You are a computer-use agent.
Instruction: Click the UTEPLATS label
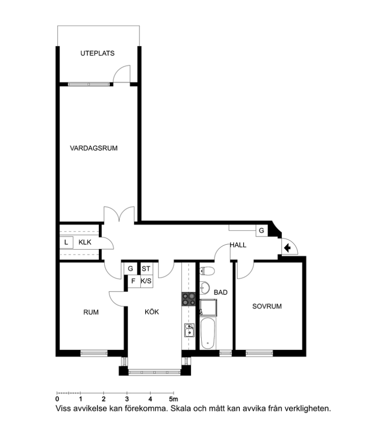point(97,53)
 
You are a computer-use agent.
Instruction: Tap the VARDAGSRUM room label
point(94,148)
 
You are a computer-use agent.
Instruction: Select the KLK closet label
point(85,242)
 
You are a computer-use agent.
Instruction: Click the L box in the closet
point(66,242)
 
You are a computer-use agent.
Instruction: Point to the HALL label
point(238,245)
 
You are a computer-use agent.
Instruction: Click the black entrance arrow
point(287,248)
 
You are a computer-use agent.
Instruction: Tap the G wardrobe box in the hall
point(262,231)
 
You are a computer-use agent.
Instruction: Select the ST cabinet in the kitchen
point(146,269)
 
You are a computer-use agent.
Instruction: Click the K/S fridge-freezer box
point(146,281)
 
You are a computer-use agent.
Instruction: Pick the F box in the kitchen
point(134,281)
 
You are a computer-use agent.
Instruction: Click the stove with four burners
point(189,299)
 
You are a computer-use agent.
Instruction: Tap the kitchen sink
point(190,330)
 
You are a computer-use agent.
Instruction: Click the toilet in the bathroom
point(207,271)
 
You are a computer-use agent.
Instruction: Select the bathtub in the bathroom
point(208,333)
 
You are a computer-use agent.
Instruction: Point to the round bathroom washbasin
point(205,288)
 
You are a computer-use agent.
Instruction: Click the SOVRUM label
point(267,307)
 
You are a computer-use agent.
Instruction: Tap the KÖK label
point(152,312)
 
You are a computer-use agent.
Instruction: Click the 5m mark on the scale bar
point(174,399)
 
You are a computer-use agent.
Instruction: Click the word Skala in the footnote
point(180,409)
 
